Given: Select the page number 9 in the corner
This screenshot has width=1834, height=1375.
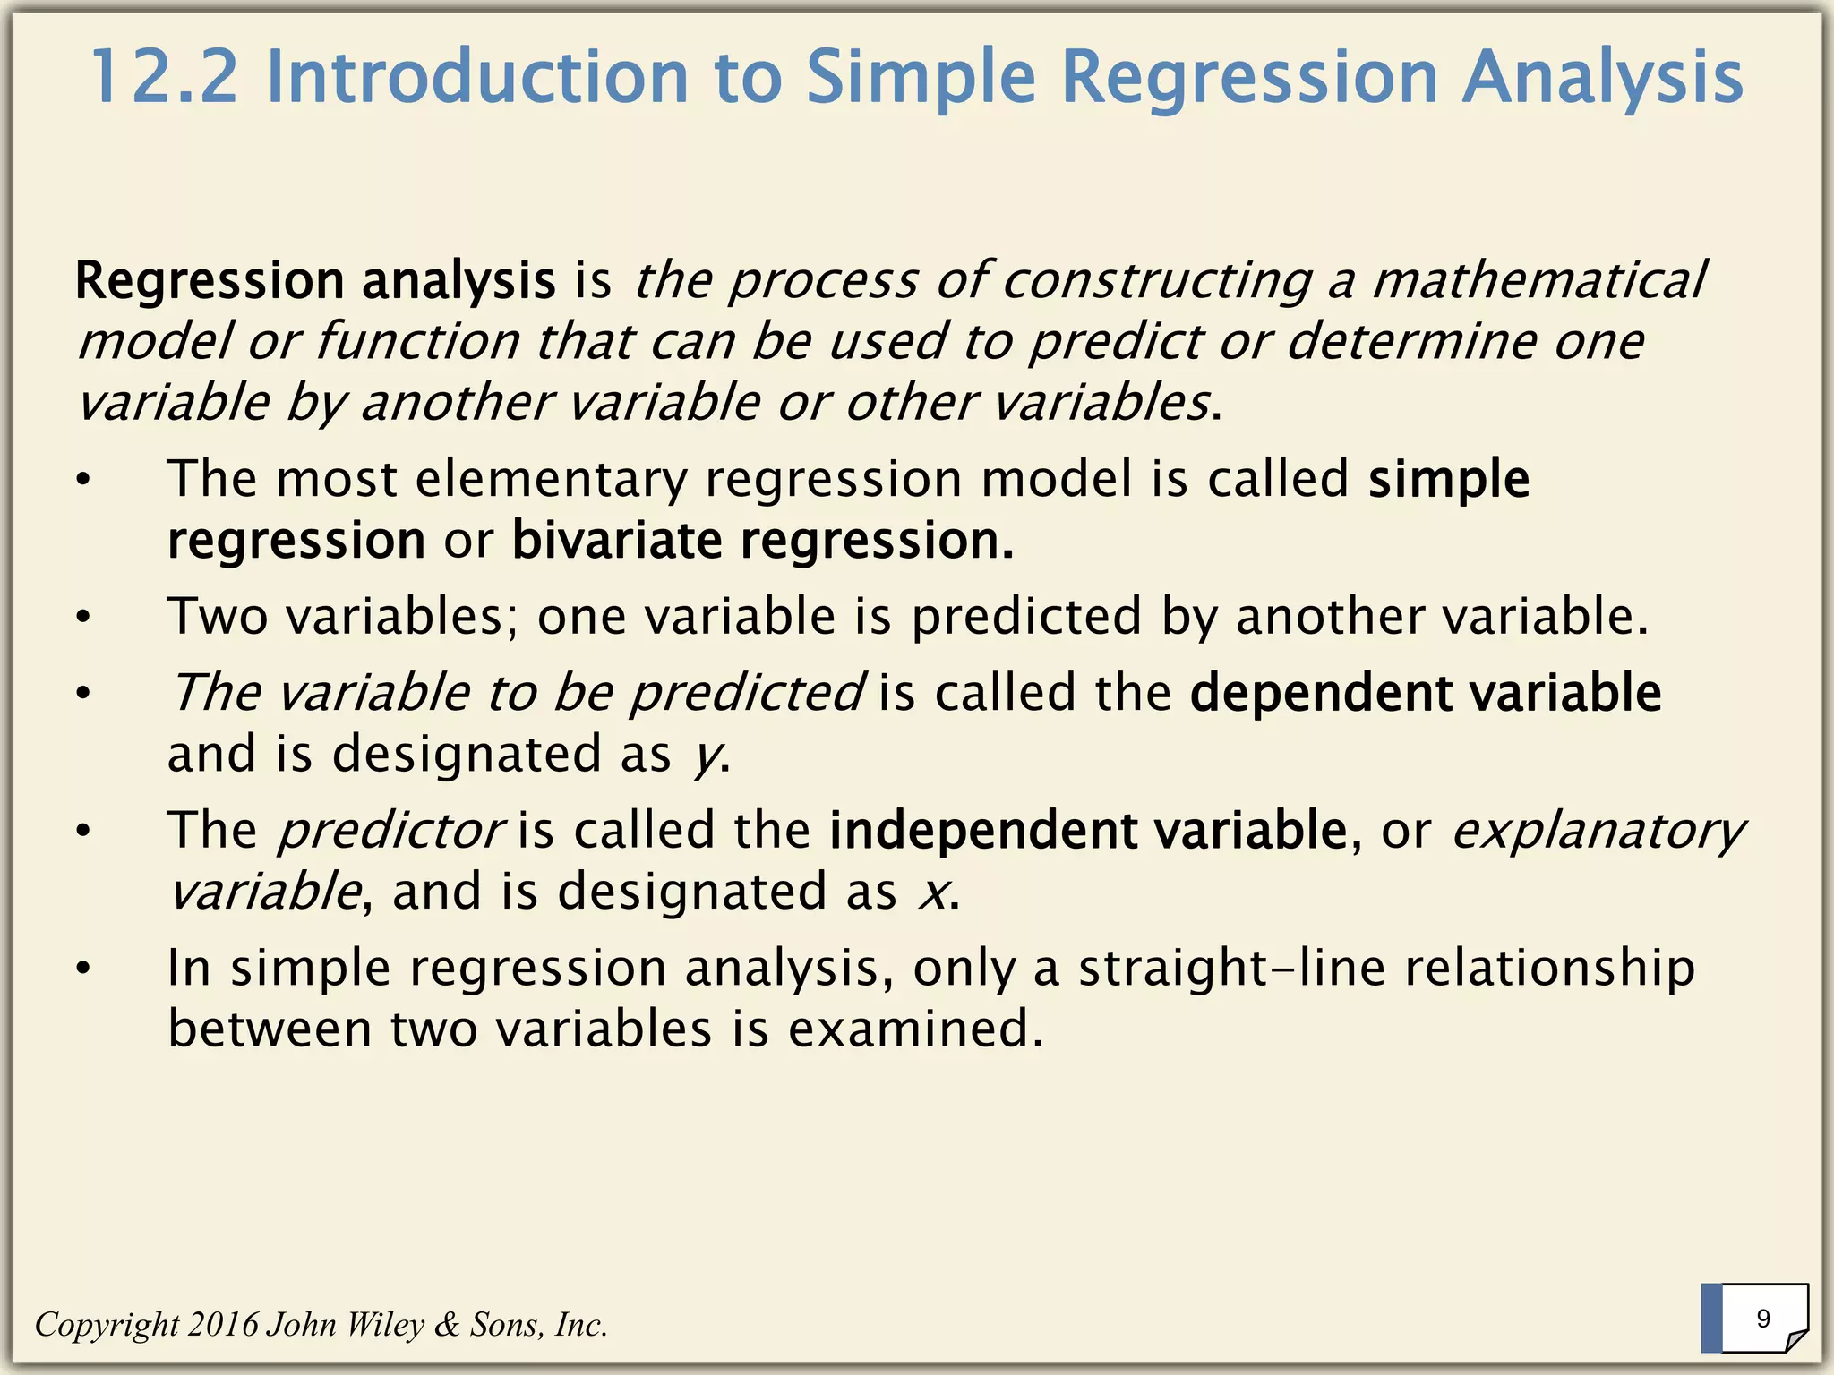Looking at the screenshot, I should tap(1763, 1319).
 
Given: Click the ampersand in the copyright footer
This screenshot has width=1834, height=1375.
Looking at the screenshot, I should tap(446, 1324).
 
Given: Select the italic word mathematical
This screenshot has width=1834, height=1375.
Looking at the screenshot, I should tap(1538, 280).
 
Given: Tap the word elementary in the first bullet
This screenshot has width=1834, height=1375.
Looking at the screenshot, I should tap(550, 479).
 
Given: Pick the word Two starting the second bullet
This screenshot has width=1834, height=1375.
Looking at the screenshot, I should tap(218, 617).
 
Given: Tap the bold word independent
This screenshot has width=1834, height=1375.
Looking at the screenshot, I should tap(981, 831).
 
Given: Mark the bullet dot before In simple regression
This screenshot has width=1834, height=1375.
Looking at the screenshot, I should tap(83, 969).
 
